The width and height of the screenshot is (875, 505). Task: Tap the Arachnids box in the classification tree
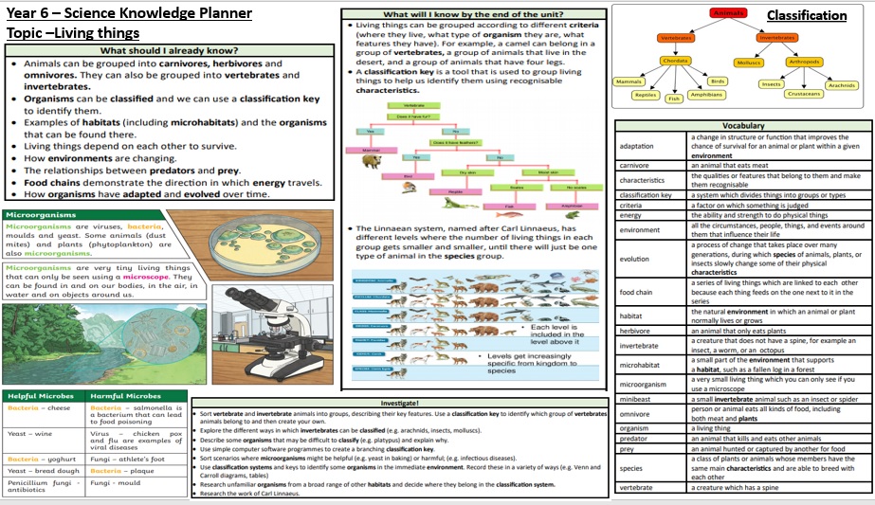click(x=841, y=84)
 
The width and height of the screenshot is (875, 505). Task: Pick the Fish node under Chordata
click(x=674, y=99)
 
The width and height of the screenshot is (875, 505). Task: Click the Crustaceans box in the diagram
click(x=804, y=94)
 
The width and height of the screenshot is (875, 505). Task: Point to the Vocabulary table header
click(x=743, y=126)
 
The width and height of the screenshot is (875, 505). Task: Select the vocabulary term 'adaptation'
click(x=635, y=147)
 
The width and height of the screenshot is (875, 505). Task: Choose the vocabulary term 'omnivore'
click(x=635, y=414)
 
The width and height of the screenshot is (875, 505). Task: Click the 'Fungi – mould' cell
click(x=115, y=483)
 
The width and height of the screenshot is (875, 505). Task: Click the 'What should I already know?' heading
click(x=169, y=50)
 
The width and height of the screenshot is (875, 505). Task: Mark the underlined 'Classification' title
click(x=806, y=15)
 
